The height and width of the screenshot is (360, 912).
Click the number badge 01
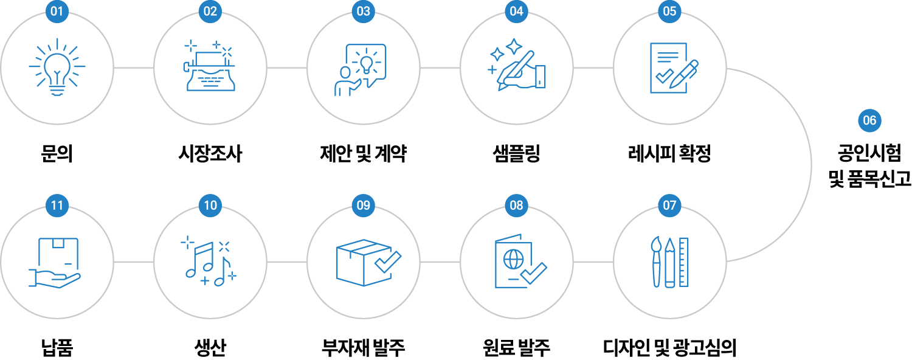pos(57,11)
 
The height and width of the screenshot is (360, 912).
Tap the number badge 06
pos(869,120)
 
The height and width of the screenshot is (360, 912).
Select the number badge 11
pos(57,206)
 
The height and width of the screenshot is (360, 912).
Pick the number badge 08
pos(516,206)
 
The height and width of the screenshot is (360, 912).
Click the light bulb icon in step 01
pos(57,67)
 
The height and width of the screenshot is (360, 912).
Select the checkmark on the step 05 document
pos(664,76)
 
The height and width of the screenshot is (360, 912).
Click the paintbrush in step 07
pos(655,261)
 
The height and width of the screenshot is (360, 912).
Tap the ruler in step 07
pos(684,261)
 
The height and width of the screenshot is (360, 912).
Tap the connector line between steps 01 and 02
pos(134,68)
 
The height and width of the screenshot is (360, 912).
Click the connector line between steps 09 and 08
pos(440,262)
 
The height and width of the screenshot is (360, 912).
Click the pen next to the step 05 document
pos(684,74)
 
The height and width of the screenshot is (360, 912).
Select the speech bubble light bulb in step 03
pos(366,61)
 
